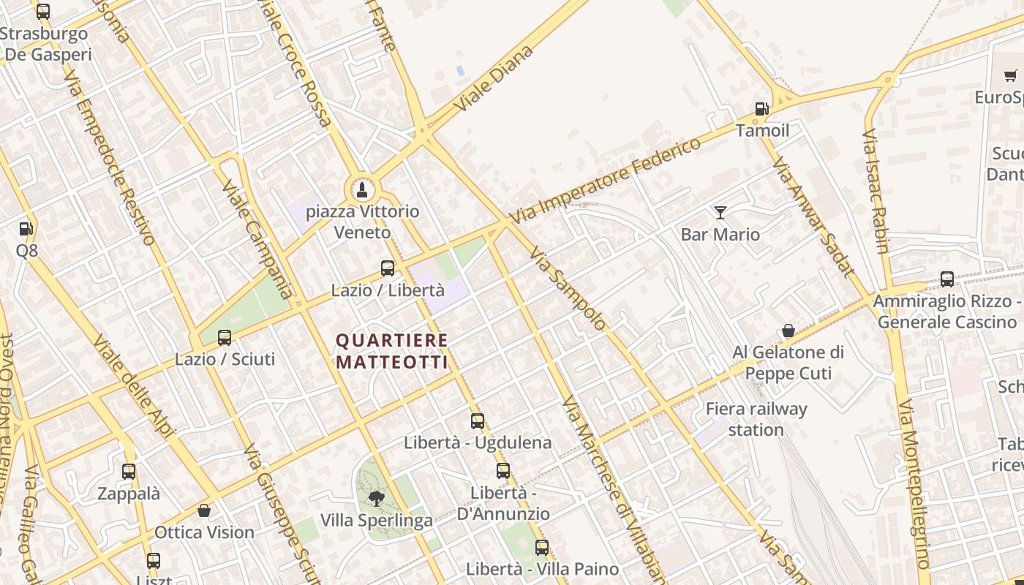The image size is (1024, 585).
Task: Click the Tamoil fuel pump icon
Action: [x=761, y=109]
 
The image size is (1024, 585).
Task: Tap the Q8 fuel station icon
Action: [x=26, y=228]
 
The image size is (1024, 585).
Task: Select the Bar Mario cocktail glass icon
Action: [x=720, y=213]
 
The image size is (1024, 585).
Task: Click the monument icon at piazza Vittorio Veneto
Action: [x=361, y=191]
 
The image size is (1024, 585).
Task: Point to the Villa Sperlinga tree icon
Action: [x=377, y=499]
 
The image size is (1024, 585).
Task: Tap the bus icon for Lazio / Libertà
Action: [x=388, y=268]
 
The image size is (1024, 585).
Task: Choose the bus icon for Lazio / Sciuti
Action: [x=225, y=337]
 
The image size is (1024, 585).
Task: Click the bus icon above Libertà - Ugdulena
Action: [x=478, y=420]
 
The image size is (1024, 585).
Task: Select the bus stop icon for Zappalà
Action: [x=129, y=472]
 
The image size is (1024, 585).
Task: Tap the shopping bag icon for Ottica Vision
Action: [x=204, y=510]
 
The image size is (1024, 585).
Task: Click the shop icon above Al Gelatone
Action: [x=788, y=331]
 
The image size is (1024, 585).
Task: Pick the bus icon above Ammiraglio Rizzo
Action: [x=947, y=279]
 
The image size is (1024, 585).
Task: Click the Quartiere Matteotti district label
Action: [x=391, y=351]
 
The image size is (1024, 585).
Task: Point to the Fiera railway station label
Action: [x=756, y=419]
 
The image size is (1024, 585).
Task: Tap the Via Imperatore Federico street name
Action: [x=606, y=181]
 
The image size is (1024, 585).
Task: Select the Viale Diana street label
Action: [x=494, y=78]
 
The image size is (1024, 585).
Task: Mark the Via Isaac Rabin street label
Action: [x=875, y=192]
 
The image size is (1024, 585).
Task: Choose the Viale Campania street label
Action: [x=257, y=241]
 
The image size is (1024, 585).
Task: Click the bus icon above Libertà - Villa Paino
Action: [x=542, y=547]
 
